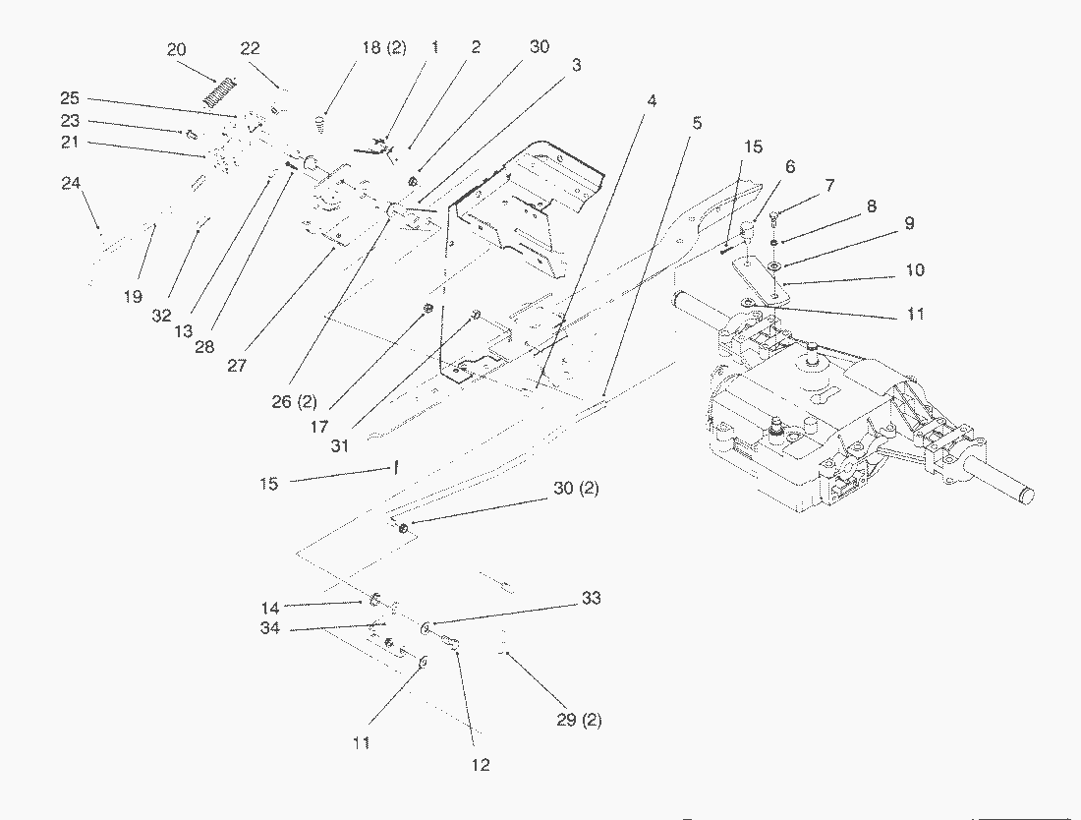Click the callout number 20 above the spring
coord(177,50)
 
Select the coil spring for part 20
coord(219,90)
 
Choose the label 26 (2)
coord(295,401)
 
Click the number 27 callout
coord(236,364)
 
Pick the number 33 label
coord(591,598)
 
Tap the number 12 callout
coord(481,764)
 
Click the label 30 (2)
coord(576,489)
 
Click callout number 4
coord(652,100)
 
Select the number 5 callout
coord(697,123)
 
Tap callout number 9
coord(909,224)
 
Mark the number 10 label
coord(914,270)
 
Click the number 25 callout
coord(69,98)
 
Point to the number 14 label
coord(269,608)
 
